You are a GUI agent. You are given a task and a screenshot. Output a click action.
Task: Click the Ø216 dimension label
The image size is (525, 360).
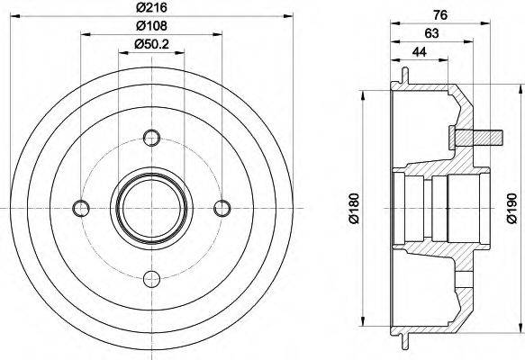pos(151,8)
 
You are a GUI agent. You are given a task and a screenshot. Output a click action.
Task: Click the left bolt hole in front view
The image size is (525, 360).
pos(82,208)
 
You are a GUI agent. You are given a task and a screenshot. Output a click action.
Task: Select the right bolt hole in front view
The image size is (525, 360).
pos(222,208)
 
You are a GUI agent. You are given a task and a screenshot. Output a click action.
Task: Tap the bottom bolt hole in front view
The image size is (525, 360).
pos(151,277)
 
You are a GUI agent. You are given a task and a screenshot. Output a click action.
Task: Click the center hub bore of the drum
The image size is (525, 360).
pos(151,207)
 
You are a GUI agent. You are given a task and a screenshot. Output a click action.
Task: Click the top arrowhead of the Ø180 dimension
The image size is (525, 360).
pos(362,94)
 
